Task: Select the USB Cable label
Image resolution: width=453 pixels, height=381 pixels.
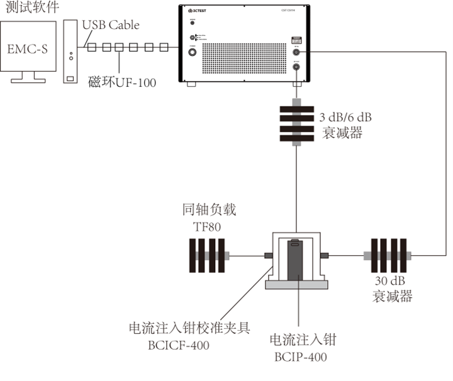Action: (x=111, y=26)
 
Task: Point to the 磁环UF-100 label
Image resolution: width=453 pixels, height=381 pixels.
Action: (x=123, y=82)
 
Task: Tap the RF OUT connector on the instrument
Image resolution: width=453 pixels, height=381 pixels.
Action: (x=296, y=67)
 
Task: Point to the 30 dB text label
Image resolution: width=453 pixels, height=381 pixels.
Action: (x=392, y=281)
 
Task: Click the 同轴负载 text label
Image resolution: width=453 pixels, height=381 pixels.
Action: (x=206, y=210)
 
